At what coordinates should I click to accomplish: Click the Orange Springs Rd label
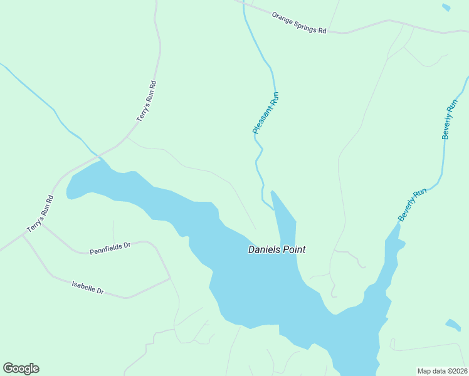(299, 22)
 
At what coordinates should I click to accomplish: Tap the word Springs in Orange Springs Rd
(300, 22)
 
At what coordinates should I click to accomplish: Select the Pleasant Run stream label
(265, 113)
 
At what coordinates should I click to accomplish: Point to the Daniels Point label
(277, 249)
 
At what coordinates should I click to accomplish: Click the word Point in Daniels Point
(294, 249)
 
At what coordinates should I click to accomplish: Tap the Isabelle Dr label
(88, 286)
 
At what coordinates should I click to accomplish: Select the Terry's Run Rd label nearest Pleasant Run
(145, 100)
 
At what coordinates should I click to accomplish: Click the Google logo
(21, 368)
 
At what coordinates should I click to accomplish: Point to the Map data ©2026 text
(442, 370)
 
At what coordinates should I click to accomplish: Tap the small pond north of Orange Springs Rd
(446, 8)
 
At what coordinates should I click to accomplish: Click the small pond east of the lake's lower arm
(453, 325)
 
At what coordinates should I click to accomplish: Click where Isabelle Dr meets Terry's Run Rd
(23, 237)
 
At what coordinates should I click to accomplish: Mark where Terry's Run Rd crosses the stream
(98, 154)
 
